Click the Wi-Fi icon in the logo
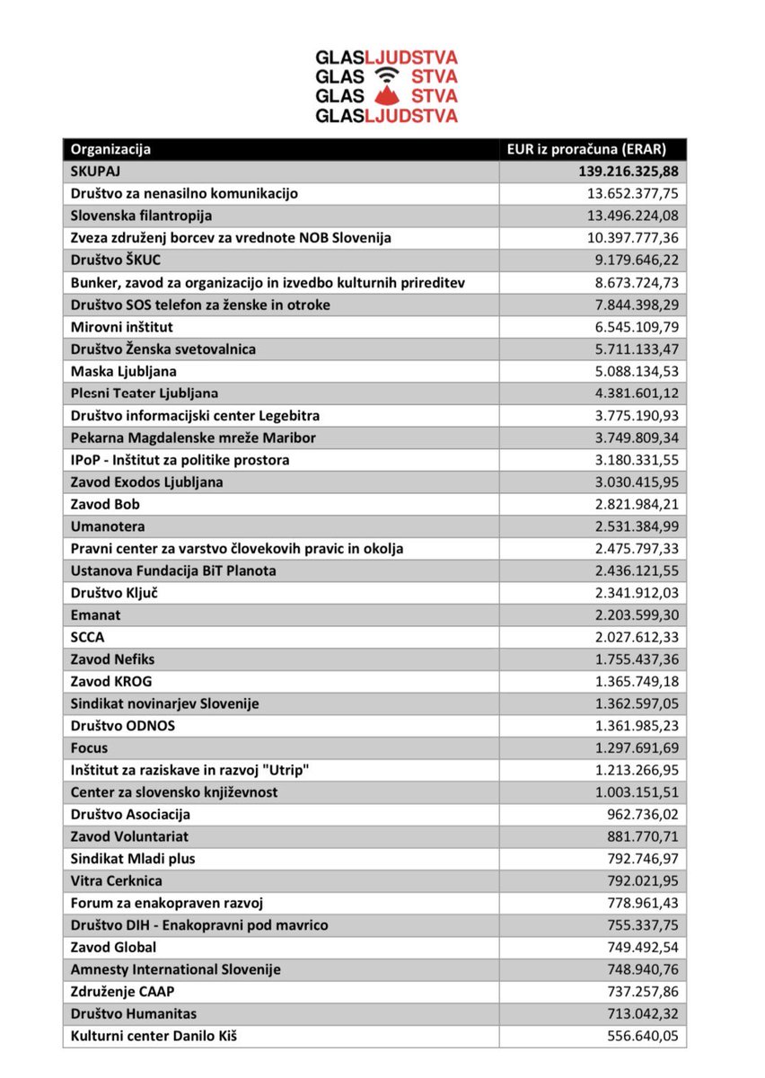[x=385, y=75]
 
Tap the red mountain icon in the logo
[x=385, y=96]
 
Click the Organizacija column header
[x=111, y=149]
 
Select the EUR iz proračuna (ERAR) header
[x=585, y=149]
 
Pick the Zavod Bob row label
[x=105, y=504]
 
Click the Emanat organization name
[x=95, y=614]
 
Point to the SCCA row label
[x=88, y=637]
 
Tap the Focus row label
[x=90, y=747]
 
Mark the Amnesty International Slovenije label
[x=176, y=969]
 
